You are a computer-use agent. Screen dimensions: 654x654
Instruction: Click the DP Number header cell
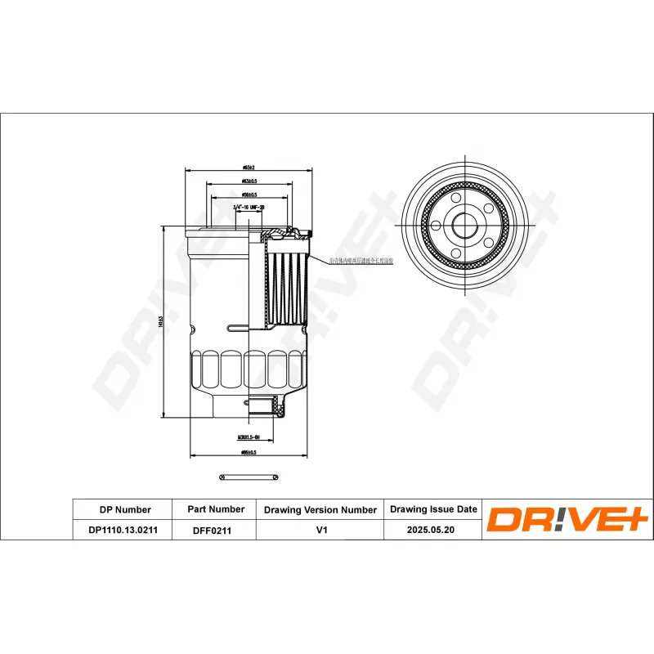pyautogui.click(x=124, y=509)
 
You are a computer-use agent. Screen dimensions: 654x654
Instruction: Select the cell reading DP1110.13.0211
pyautogui.click(x=124, y=531)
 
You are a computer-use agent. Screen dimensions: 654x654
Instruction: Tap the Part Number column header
pyautogui.click(x=216, y=509)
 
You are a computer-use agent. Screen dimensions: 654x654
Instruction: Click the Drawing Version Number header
pyautogui.click(x=320, y=509)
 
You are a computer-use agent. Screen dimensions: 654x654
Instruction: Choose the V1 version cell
pyautogui.click(x=320, y=531)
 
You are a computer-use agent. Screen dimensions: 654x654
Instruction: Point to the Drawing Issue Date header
pyautogui.click(x=433, y=509)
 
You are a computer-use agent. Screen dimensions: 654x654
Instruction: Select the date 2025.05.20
pyautogui.click(x=433, y=531)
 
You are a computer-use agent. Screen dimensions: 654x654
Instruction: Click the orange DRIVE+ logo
pyautogui.click(x=567, y=520)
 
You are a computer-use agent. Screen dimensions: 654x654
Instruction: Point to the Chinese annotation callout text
pyautogui.click(x=361, y=261)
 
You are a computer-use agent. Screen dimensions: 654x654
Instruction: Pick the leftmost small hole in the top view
pyautogui.click(x=436, y=226)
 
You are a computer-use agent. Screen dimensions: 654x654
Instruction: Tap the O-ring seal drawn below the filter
pyautogui.click(x=249, y=476)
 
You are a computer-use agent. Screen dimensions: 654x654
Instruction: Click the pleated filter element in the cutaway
pyautogui.click(x=287, y=286)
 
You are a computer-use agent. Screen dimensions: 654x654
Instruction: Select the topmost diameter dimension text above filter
pyautogui.click(x=249, y=167)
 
